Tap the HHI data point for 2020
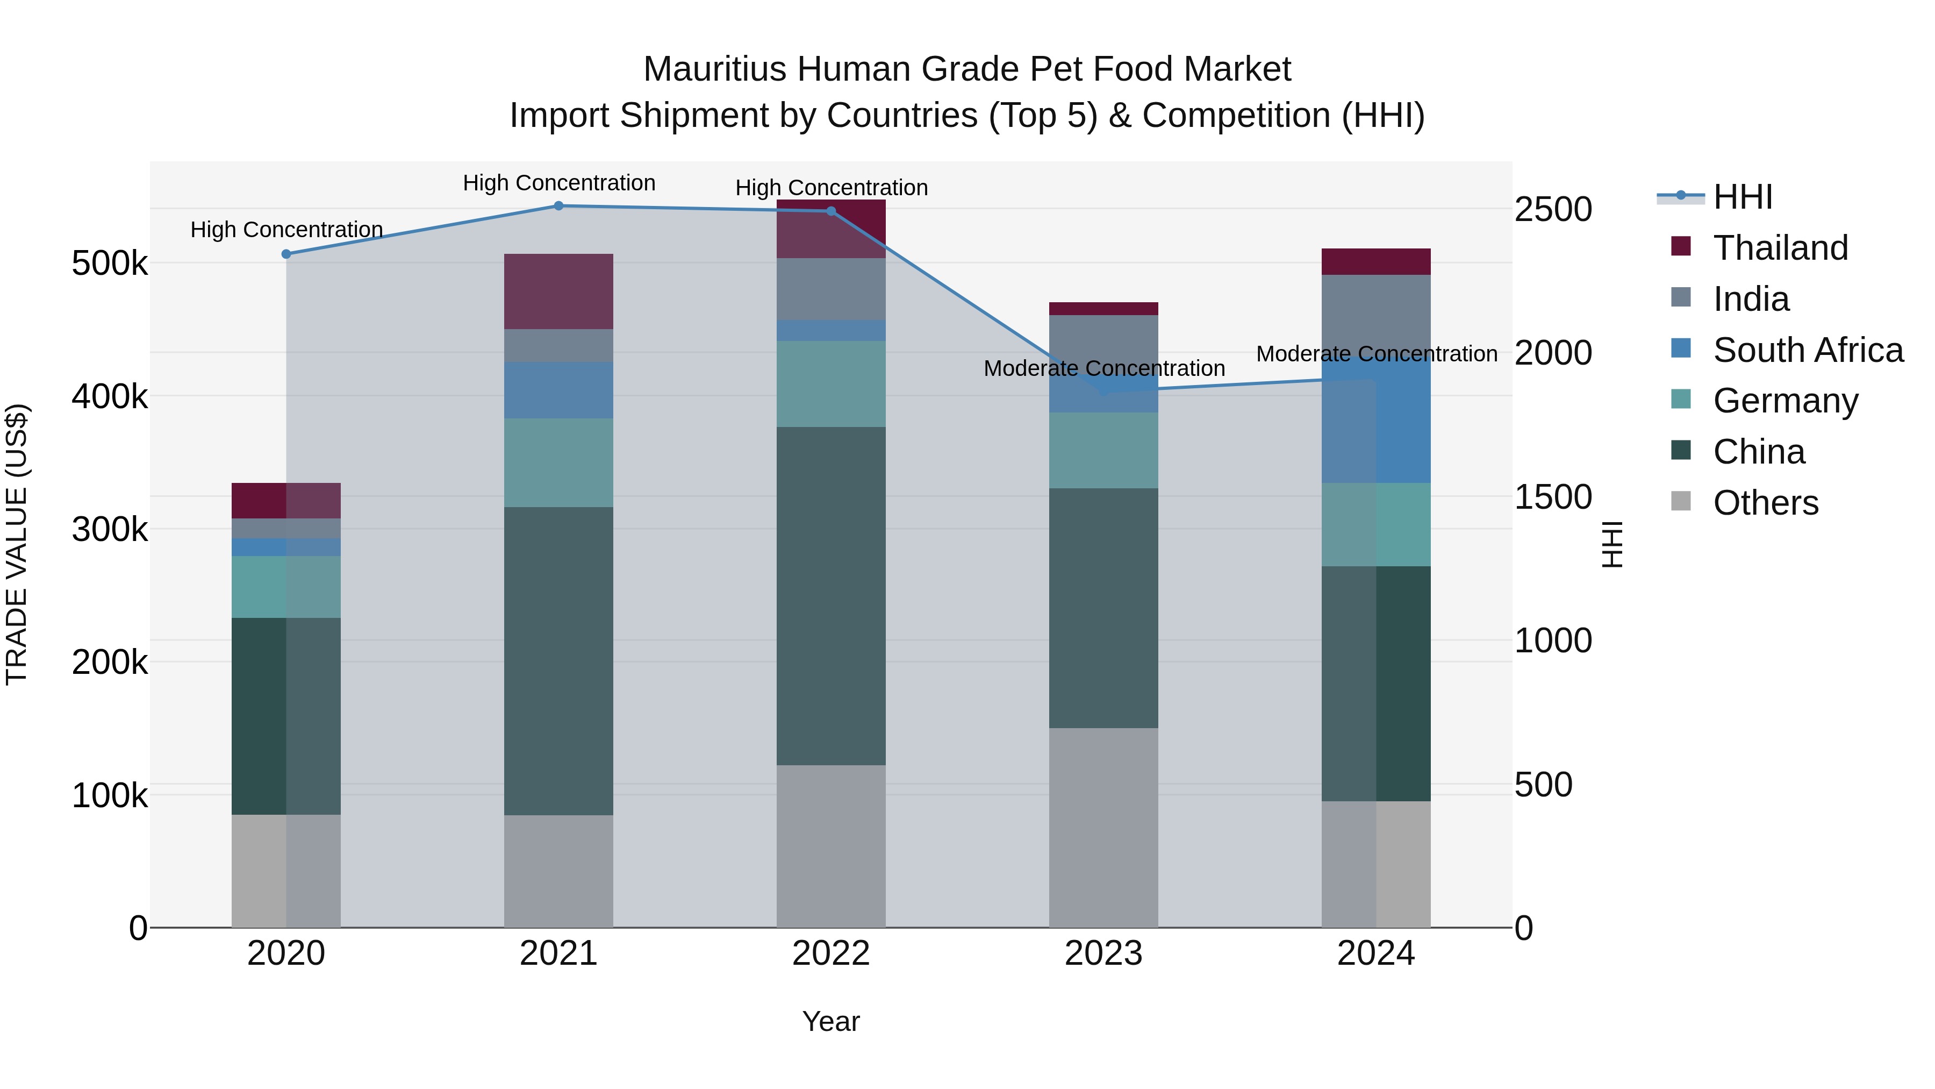[x=286, y=254]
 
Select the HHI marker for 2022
[x=831, y=211]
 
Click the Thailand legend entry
[x=1780, y=248]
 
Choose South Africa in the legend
[x=1807, y=350]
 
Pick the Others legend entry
[x=1765, y=503]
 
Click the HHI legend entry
[x=1742, y=197]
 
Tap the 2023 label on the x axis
[x=1103, y=953]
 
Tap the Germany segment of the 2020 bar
[x=286, y=586]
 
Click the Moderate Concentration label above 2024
[x=1376, y=353]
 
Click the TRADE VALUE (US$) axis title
[x=17, y=544]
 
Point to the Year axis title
[x=831, y=1021]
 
